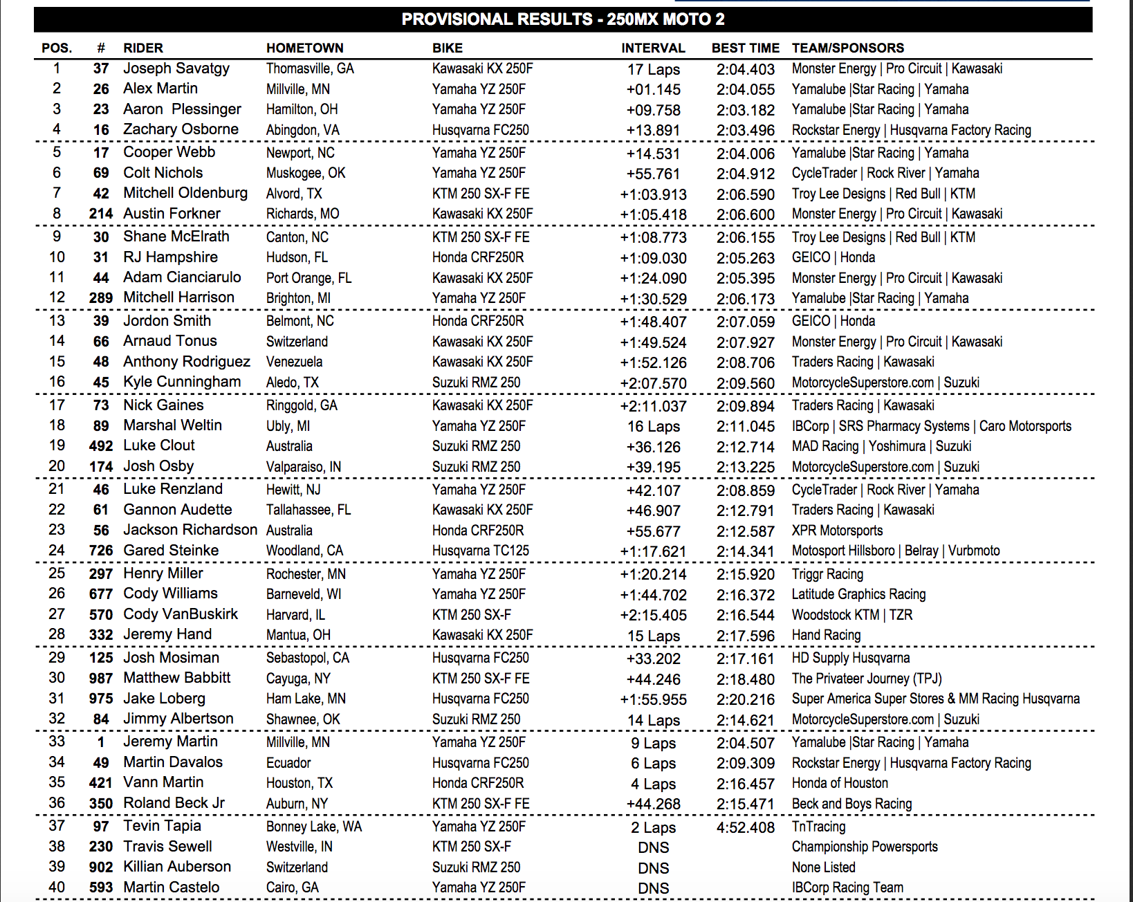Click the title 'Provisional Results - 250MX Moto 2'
click(563, 19)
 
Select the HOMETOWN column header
click(304, 48)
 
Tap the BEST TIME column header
click(745, 48)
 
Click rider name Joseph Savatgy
click(176, 68)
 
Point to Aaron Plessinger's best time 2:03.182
click(745, 110)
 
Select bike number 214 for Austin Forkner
click(101, 214)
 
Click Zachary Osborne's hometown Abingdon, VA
click(302, 130)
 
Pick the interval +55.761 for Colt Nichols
click(653, 174)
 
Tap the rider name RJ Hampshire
click(170, 257)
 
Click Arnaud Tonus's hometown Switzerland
click(297, 342)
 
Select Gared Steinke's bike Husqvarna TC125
click(480, 551)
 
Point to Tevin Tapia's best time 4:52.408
click(745, 827)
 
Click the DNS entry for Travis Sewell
click(653, 847)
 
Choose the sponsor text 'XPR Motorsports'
click(837, 531)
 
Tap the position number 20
click(57, 466)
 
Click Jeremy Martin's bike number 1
click(101, 742)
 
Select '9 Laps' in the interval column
click(653, 744)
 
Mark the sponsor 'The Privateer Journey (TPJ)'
click(867, 679)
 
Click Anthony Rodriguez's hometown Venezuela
click(294, 362)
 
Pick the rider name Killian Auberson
click(177, 867)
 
